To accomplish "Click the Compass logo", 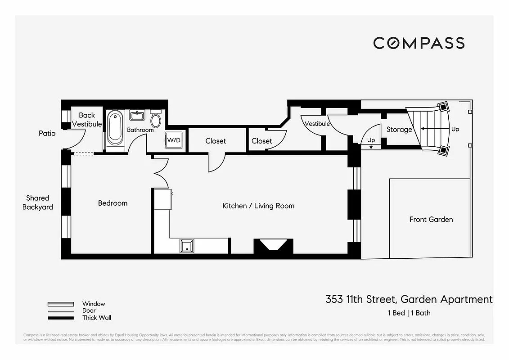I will coord(419,43).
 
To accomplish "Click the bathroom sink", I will coord(137,116).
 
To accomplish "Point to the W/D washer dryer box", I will coord(174,140).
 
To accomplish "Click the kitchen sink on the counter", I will coord(186,246).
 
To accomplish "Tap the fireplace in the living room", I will coord(273,246).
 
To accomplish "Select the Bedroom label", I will coord(113,203).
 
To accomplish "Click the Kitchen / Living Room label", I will coord(258,206).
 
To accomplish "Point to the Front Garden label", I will coord(431,220).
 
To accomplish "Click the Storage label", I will coord(399,130).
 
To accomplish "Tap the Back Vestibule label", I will coord(87,120).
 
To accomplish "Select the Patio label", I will coord(47,133).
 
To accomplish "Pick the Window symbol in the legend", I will coord(60,304).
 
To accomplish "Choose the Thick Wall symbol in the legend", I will coord(60,318).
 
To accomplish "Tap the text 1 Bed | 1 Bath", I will coord(409,313).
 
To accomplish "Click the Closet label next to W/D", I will coord(216,141).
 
